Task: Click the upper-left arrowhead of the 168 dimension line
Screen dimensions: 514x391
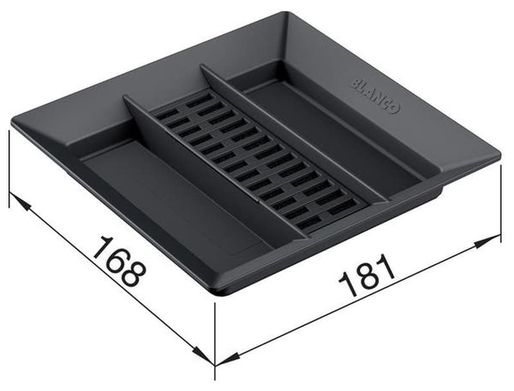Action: (x=20, y=202)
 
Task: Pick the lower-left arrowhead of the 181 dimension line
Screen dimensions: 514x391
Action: (x=227, y=360)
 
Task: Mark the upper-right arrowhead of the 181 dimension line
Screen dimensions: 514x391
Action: (x=488, y=240)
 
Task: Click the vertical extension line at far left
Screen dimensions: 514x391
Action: (x=9, y=169)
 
